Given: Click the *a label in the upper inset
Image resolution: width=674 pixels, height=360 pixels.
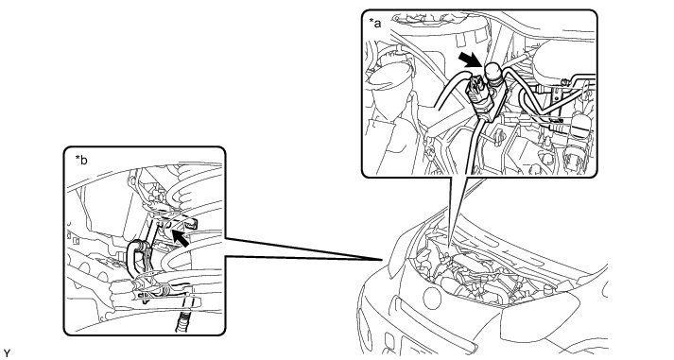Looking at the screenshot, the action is [x=375, y=24].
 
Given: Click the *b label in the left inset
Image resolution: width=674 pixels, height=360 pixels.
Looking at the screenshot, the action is [x=81, y=161].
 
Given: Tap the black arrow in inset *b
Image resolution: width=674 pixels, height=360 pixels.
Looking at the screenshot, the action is [x=181, y=238].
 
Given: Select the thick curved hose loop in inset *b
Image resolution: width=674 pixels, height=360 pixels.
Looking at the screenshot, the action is [x=138, y=259].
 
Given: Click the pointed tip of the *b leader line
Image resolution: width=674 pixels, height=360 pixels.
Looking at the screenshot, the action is [x=382, y=260].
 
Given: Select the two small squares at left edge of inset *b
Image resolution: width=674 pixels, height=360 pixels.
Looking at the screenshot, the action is [x=74, y=237].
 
